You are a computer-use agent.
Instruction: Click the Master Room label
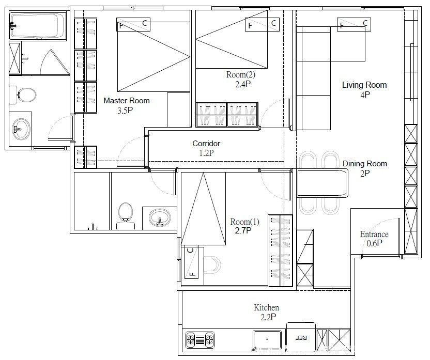point(127,101)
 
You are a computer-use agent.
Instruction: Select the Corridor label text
point(206,143)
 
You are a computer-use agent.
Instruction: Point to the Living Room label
point(364,85)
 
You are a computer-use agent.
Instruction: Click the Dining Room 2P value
point(365,173)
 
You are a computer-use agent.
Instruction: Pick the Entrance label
point(374,234)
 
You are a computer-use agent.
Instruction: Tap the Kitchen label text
point(266,307)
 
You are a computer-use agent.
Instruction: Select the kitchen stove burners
point(200,340)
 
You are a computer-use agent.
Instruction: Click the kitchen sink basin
point(267,340)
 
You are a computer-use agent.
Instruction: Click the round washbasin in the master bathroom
point(21,129)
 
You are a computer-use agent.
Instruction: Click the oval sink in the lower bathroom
point(160,218)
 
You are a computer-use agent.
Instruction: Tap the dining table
point(323,183)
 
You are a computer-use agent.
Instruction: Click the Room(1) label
point(244,222)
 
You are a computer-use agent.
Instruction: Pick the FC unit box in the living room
point(354,24)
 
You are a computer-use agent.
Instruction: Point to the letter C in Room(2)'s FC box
point(273,23)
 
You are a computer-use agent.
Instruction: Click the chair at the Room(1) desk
point(212,264)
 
